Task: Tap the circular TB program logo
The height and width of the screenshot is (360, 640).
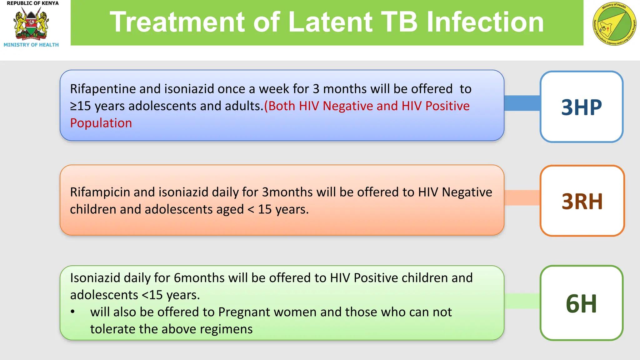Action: click(614, 24)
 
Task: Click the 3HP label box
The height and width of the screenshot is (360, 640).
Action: click(581, 107)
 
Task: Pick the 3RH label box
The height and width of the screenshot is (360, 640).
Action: click(582, 201)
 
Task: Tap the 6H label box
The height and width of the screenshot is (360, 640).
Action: click(581, 303)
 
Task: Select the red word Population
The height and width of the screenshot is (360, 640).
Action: click(101, 123)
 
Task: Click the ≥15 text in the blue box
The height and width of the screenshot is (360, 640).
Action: click(80, 106)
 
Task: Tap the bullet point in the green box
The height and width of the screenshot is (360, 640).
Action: click(72, 312)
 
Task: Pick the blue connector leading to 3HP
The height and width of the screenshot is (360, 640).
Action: click(522, 103)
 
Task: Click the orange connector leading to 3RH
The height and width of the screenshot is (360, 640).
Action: click(522, 197)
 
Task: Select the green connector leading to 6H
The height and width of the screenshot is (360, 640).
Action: click(522, 301)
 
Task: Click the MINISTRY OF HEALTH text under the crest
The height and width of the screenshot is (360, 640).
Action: click(31, 45)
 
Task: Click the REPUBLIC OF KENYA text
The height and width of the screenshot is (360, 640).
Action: click(32, 3)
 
